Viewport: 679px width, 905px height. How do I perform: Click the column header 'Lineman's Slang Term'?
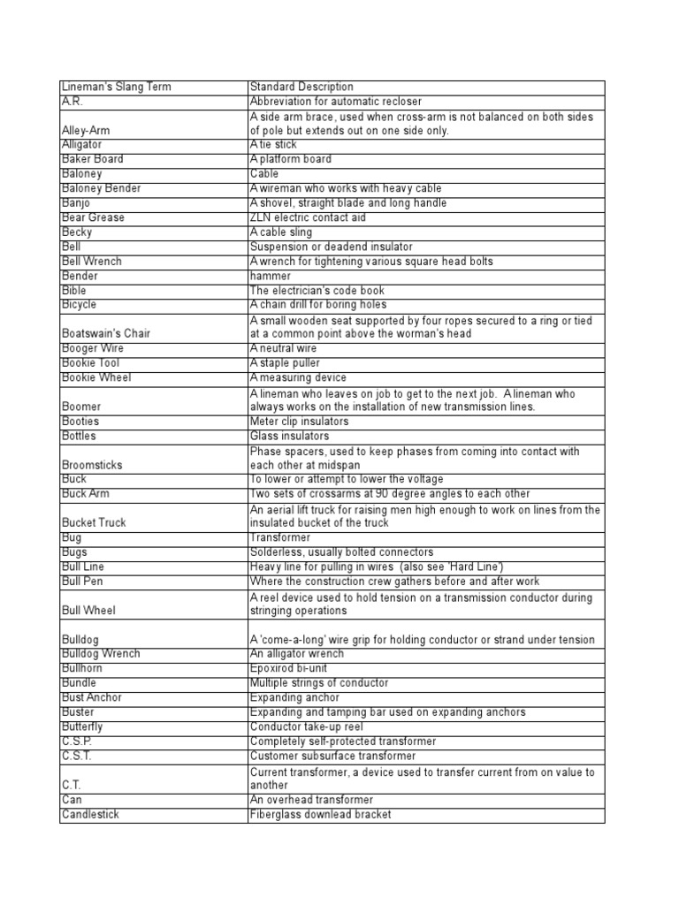coord(117,87)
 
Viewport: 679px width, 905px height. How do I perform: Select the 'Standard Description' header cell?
coord(301,87)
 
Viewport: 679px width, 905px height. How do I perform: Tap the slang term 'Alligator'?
coord(82,144)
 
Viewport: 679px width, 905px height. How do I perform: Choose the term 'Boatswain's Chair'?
coord(106,334)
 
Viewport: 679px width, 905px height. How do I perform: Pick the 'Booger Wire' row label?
coord(93,348)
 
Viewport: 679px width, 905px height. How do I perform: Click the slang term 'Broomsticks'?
coord(93,465)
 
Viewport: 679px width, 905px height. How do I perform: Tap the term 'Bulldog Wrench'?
coord(100,654)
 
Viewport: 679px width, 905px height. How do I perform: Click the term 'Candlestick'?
coord(91,814)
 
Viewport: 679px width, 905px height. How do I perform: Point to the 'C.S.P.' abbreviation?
coord(77,741)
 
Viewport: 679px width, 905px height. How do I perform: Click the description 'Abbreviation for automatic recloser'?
coord(336,102)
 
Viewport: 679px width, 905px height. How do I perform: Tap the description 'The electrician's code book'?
coord(317,290)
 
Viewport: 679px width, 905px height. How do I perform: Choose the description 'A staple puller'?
coord(286,363)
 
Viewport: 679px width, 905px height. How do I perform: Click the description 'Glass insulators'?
coord(289,436)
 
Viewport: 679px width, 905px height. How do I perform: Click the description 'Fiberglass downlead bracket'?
coord(320,814)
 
